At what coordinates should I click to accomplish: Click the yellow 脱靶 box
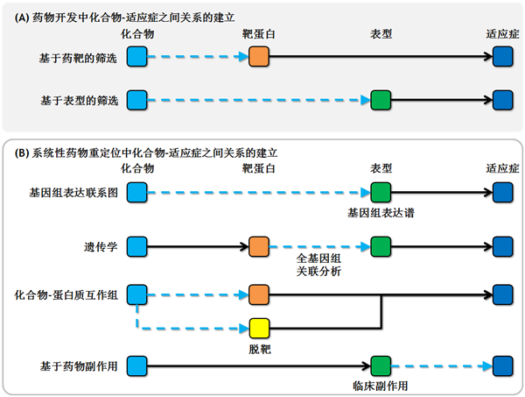[260, 328]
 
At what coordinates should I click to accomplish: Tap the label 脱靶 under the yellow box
[260, 348]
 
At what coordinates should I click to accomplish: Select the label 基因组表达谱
[381, 210]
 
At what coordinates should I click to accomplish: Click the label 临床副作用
[381, 384]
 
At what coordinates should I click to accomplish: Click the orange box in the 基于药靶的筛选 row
[260, 58]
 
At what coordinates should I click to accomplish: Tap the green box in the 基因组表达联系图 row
[381, 192]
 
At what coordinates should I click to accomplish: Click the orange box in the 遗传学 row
[260, 246]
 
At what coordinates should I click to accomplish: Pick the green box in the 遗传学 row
[381, 246]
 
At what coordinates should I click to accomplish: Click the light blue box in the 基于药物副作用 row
[137, 365]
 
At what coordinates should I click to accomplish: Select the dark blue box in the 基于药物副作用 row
[502, 365]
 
